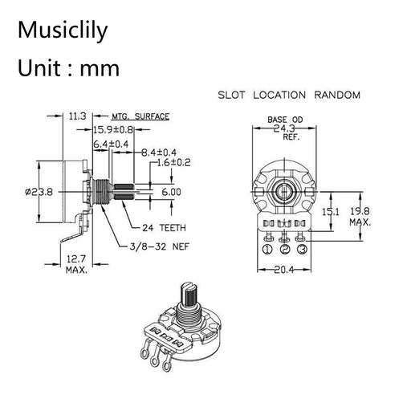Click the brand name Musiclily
63,31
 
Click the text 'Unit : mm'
68,67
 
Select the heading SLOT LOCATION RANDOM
289,95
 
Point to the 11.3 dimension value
77,116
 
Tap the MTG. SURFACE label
140,116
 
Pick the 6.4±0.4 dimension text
111,144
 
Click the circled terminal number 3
301,249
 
